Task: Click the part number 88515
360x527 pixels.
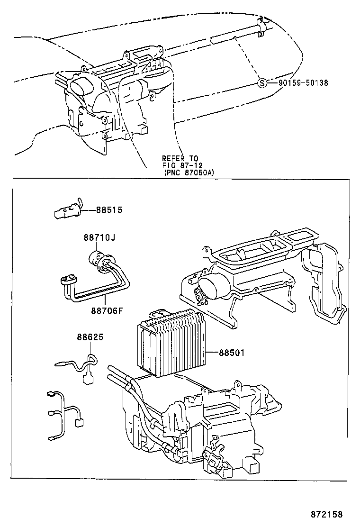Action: point(109,209)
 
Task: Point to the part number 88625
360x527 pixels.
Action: point(90,337)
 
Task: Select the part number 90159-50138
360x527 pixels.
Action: point(303,83)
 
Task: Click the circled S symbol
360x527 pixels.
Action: point(261,83)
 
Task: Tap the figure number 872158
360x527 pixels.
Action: point(326,514)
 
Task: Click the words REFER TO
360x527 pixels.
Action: point(180,158)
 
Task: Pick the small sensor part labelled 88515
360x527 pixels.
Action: point(66,210)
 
